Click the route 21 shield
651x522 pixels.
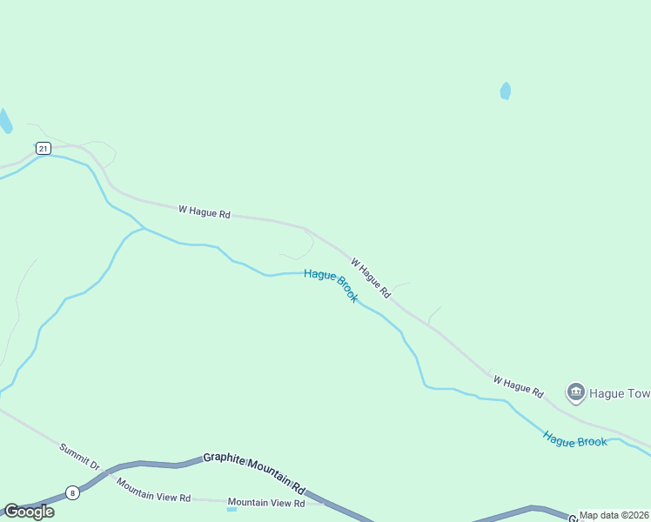(44, 149)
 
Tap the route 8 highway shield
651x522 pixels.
(72, 492)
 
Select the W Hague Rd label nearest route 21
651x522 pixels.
(205, 211)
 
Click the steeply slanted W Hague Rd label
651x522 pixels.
(371, 278)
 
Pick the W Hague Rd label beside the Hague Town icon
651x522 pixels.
(518, 386)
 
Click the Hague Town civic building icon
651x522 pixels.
(575, 393)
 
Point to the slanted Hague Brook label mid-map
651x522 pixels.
(332, 284)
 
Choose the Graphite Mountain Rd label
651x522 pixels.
(255, 471)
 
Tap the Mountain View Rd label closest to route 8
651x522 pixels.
(153, 491)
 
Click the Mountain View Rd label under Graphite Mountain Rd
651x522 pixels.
(266, 503)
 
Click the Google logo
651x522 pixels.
(29, 512)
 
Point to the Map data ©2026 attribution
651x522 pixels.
(614, 515)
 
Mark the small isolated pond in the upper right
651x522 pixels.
(506, 90)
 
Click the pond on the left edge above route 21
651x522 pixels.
(4, 121)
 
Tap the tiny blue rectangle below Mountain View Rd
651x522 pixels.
(232, 510)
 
